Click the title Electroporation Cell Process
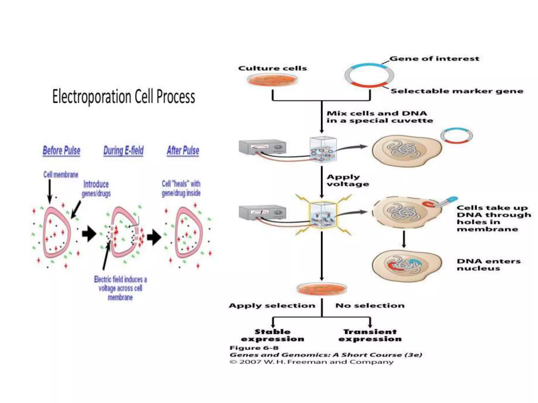(123, 97)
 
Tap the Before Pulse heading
(61, 151)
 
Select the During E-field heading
(123, 151)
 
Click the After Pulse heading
(183, 151)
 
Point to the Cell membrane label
(61, 175)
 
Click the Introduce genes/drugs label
(96, 189)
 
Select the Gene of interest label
(434, 59)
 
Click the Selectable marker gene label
(457, 91)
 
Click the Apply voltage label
(348, 180)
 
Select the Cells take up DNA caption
(493, 218)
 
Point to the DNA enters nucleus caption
(488, 264)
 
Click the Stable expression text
(272, 335)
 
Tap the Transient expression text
(370, 335)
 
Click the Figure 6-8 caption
(254, 348)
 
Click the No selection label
(370, 305)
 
